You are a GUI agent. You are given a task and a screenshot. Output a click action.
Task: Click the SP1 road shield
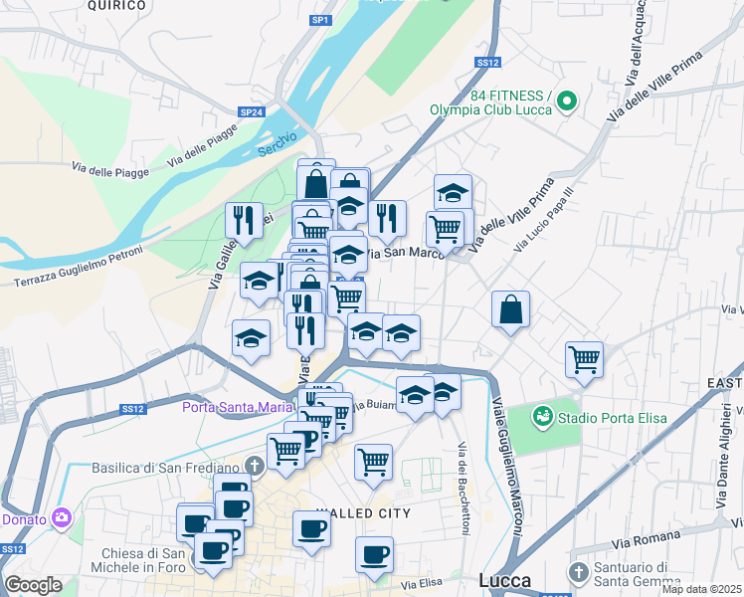(319, 20)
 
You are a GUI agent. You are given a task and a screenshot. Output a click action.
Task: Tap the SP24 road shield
(251, 112)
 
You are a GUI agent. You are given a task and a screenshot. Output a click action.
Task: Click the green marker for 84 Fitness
(567, 99)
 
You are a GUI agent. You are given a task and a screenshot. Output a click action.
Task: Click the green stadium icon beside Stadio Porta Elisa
(542, 414)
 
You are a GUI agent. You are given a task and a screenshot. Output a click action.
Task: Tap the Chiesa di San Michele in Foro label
(143, 561)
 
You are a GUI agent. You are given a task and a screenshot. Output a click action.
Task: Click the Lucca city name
(504, 580)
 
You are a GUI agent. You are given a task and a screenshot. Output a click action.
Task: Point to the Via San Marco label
(402, 253)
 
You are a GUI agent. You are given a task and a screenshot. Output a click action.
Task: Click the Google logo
(33, 585)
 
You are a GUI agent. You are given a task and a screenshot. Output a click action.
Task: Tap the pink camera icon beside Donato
(62, 517)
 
